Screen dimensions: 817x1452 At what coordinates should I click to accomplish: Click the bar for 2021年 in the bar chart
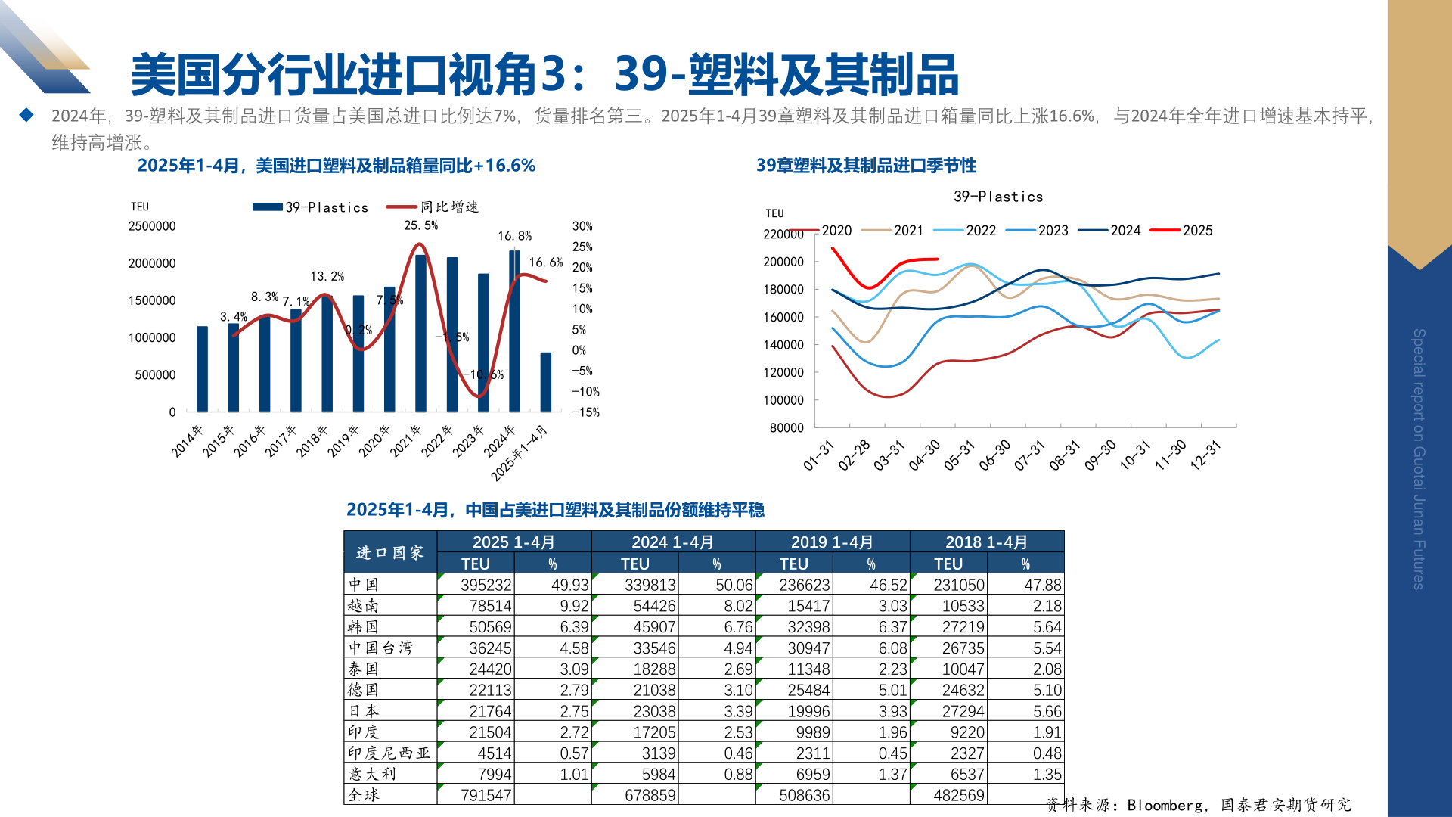pyautogui.click(x=420, y=333)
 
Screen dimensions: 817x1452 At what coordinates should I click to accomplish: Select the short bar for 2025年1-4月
pyautogui.click(x=545, y=382)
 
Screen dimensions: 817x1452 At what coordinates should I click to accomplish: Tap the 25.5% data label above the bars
pyautogui.click(x=420, y=225)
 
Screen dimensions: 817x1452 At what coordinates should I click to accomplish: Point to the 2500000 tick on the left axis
pyautogui.click(x=152, y=226)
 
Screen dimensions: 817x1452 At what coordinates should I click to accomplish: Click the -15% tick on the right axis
pyautogui.click(x=585, y=412)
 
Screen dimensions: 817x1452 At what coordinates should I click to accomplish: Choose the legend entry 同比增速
pyautogui.click(x=449, y=207)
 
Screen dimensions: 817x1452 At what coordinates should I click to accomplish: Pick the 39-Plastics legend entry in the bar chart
pyautogui.click(x=326, y=207)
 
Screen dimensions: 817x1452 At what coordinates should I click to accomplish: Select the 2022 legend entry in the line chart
pyautogui.click(x=981, y=231)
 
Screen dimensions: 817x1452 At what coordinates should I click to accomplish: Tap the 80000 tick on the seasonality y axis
pyautogui.click(x=786, y=427)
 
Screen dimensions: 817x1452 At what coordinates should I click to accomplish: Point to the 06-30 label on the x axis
pyautogui.click(x=994, y=455)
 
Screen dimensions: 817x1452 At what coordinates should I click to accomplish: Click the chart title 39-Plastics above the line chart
pyautogui.click(x=998, y=197)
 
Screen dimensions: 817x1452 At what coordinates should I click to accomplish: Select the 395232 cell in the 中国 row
pyautogui.click(x=486, y=585)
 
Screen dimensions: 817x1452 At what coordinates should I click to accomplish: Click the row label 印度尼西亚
pyautogui.click(x=389, y=753)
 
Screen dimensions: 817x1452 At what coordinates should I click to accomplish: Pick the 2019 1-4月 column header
pyautogui.click(x=832, y=542)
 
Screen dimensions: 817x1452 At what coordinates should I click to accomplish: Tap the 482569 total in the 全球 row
pyautogui.click(x=959, y=795)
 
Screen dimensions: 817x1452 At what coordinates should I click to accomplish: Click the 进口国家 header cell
pyautogui.click(x=390, y=553)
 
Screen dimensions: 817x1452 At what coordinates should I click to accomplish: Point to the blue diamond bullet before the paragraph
pyautogui.click(x=26, y=115)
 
